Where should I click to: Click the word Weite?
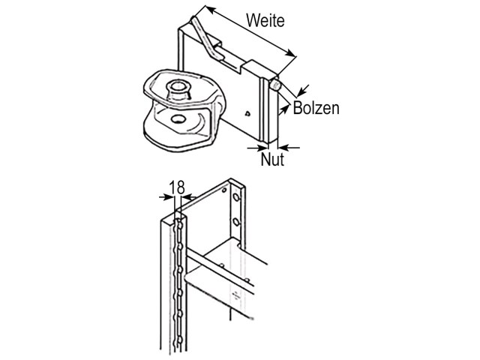265,21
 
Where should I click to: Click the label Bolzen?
316,108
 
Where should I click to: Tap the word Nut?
272,159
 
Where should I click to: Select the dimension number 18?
177,187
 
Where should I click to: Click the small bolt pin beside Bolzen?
275,85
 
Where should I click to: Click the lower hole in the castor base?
178,118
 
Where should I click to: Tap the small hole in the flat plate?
247,114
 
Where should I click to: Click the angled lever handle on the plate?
205,37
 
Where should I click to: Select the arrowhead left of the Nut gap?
263,148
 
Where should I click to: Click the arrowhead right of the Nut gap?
283,148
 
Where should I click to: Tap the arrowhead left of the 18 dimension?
169,197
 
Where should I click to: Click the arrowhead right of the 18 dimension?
187,196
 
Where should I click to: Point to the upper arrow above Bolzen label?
303,90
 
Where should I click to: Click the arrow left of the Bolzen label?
284,109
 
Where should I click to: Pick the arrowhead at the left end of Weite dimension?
210,9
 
